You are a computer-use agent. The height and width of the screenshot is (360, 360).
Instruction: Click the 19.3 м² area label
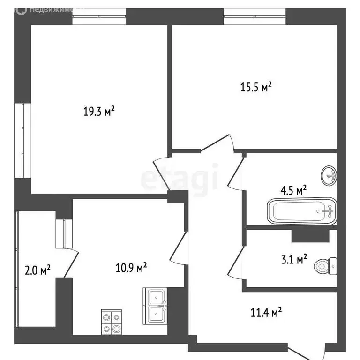click(99, 111)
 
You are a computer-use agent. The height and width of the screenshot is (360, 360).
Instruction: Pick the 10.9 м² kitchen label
click(131, 268)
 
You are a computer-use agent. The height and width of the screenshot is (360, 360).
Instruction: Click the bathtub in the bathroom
click(302, 211)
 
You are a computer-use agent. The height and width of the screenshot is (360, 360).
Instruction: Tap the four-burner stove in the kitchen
click(112, 322)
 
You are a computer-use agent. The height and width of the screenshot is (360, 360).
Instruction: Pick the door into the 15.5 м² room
click(217, 143)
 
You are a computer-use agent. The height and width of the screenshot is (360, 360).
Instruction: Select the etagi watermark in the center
click(180, 179)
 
